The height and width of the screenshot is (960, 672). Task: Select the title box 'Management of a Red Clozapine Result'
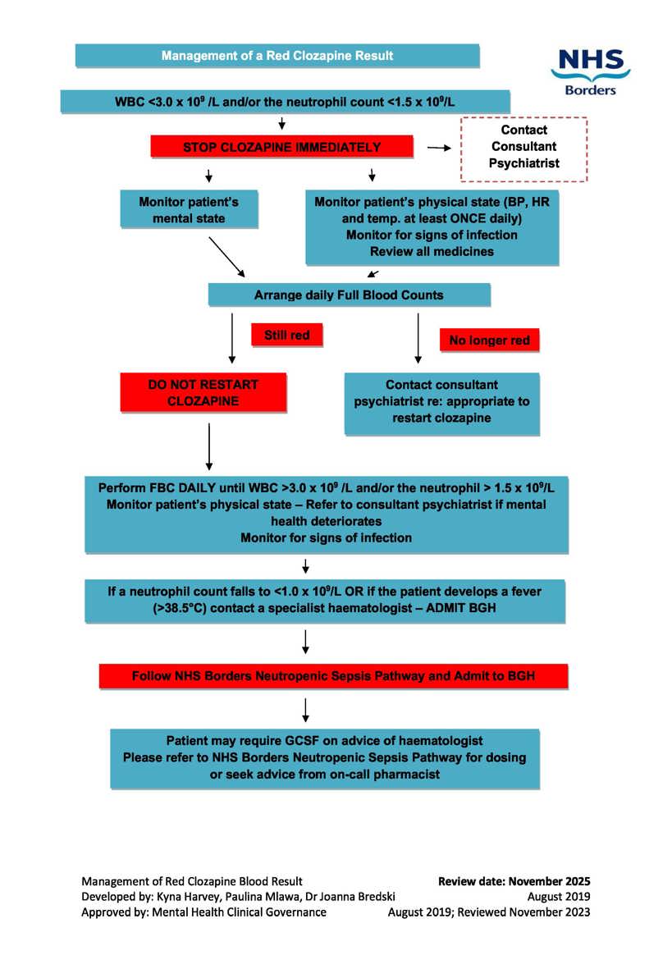(277, 56)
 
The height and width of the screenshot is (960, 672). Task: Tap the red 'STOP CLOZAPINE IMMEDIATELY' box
(281, 148)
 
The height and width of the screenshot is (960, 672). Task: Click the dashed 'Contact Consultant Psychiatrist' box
(524, 148)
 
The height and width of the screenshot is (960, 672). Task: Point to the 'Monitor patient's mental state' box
(189, 209)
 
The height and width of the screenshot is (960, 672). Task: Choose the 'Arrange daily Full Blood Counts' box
(350, 295)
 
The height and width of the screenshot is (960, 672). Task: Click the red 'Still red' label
(286, 334)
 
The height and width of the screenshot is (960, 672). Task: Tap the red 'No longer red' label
(489, 340)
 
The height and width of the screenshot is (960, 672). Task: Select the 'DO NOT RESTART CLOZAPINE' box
(203, 392)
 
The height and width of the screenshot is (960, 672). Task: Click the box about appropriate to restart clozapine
(441, 401)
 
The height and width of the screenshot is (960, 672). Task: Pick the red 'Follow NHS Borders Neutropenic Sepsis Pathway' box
(333, 677)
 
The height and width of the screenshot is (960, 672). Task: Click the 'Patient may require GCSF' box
(325, 757)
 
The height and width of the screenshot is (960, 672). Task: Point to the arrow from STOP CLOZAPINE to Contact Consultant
(441, 149)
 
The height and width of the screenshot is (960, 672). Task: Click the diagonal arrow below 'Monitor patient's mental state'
(226, 256)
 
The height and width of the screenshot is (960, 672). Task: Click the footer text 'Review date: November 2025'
(514, 882)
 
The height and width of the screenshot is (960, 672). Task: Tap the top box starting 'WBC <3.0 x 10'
(286, 102)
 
